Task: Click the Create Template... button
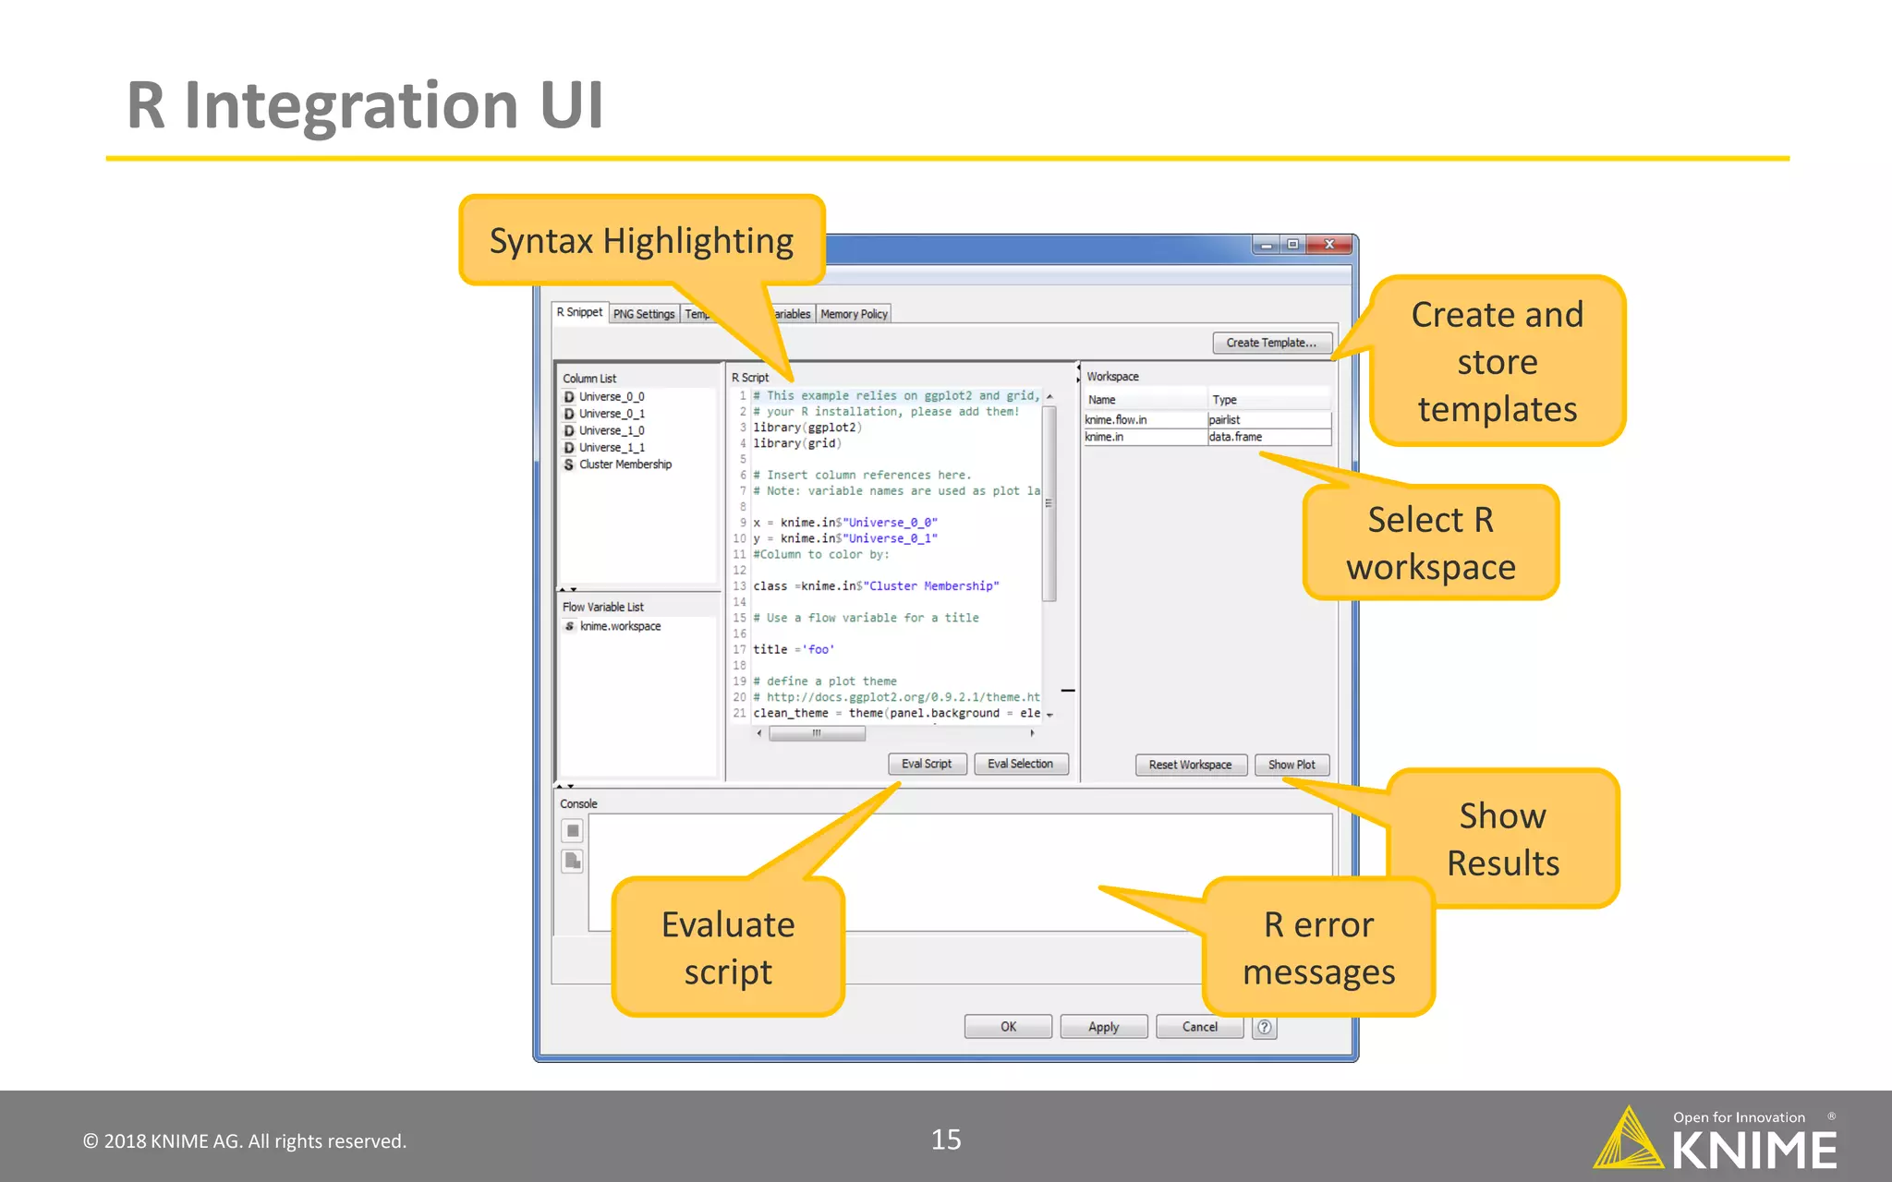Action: (1271, 343)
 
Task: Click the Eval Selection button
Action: (1020, 764)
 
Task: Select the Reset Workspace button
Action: (1190, 765)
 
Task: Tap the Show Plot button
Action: (1292, 765)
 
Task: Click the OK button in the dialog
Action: (1008, 1027)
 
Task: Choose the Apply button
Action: (1104, 1027)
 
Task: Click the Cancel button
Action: (1199, 1027)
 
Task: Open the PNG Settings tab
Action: (644, 314)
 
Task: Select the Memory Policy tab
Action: (854, 314)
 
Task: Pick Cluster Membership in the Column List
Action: (625, 464)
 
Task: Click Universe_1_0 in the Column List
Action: (612, 430)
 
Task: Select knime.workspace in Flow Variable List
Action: (620, 626)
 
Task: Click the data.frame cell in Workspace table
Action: (1235, 437)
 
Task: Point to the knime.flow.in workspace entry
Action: (1116, 420)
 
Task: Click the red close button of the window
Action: (1329, 245)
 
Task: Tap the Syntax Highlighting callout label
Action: (641, 241)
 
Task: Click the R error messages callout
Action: (1318, 947)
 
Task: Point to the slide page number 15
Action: (946, 1140)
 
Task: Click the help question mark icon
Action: (1265, 1027)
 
